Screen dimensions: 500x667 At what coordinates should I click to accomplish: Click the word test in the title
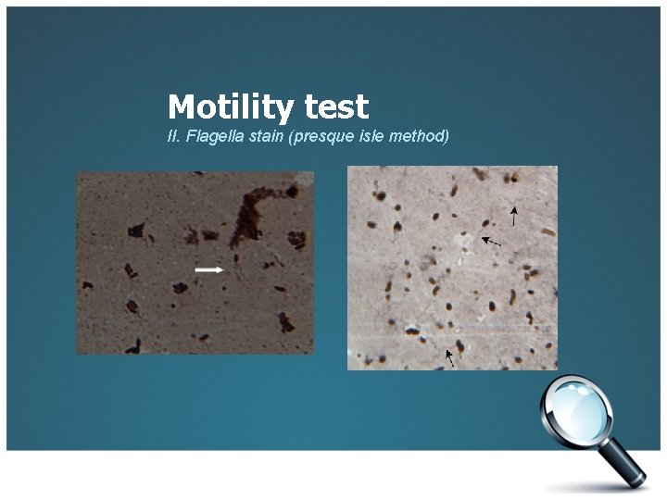335,107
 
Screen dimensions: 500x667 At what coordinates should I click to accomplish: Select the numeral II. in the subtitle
172,137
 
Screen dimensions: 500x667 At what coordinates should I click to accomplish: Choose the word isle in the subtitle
366,137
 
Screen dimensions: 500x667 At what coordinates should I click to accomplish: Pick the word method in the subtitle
417,137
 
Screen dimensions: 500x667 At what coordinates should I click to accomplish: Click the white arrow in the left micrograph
209,269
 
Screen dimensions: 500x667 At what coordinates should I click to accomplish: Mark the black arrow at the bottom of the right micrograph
451,357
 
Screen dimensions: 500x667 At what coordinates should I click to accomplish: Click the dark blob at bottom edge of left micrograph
136,346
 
